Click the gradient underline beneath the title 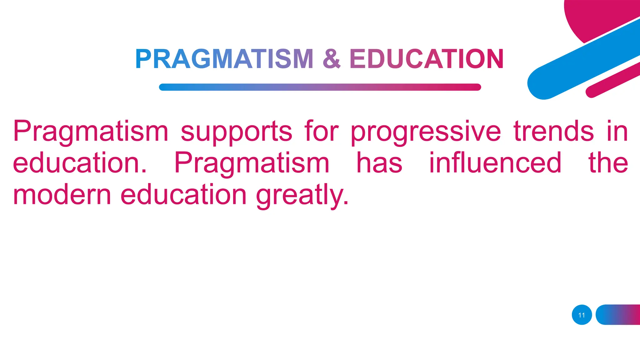coord(320,87)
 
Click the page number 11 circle coord(582,315)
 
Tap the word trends coord(553,131)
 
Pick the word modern coord(62,194)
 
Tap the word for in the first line coord(321,131)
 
